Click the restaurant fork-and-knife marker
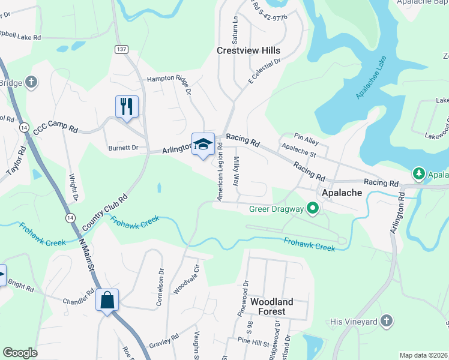(x=127, y=107)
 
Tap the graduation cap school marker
(x=203, y=144)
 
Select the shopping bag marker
(x=107, y=300)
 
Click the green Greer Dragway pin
(x=312, y=209)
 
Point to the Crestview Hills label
(x=249, y=51)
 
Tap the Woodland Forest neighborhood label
(x=272, y=307)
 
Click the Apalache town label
(x=342, y=193)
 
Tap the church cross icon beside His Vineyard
(x=387, y=321)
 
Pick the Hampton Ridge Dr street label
(x=169, y=83)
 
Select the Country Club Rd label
(x=105, y=212)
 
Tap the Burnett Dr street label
(x=123, y=148)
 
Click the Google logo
(x=20, y=353)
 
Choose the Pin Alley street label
(x=306, y=139)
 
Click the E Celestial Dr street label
(x=264, y=71)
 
